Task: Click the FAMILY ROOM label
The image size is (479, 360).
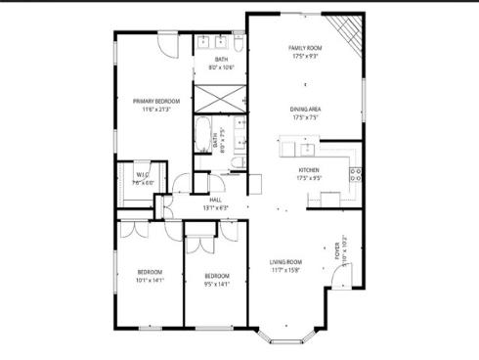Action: point(305,48)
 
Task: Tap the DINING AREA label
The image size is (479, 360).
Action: point(305,109)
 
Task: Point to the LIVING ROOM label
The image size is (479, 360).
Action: point(285,261)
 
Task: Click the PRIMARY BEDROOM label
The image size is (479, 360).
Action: point(155,101)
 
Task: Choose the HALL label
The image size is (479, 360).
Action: point(215,200)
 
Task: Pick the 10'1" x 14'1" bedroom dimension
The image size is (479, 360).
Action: point(150,280)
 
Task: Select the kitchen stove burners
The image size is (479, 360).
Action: point(355,175)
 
